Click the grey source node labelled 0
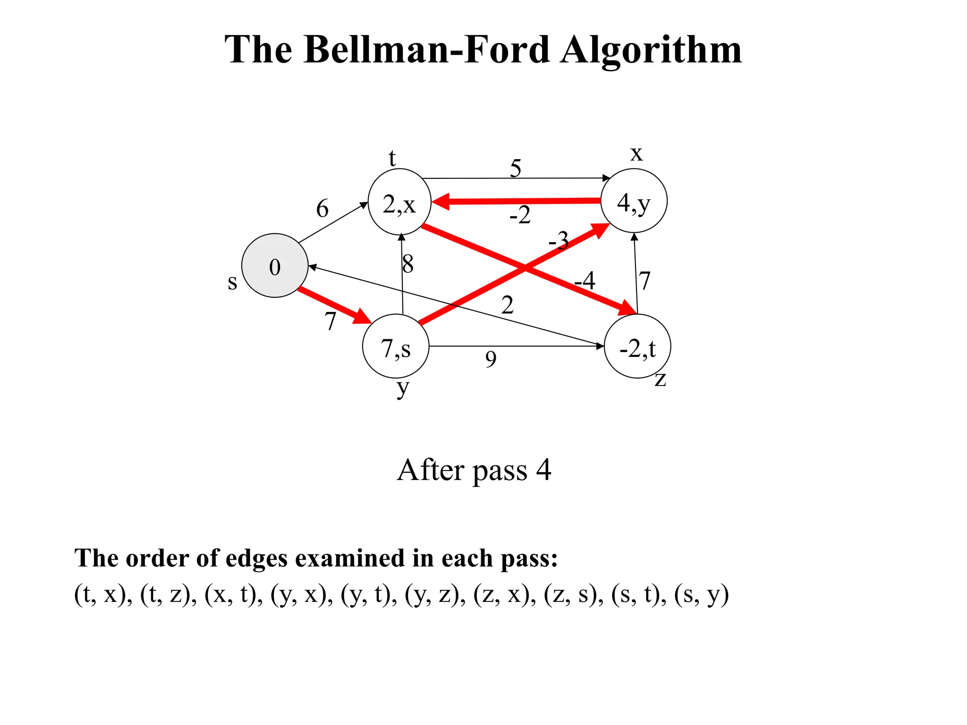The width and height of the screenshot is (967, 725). (275, 266)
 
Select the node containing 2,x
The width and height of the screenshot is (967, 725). (399, 202)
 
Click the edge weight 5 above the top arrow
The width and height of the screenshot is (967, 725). (516, 168)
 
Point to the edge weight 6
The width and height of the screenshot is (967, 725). (322, 208)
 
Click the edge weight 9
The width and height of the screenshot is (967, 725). (491, 360)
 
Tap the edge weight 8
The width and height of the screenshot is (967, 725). (408, 264)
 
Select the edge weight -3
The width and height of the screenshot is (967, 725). (559, 241)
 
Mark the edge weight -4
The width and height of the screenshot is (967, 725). (585, 281)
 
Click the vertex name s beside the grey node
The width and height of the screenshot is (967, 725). (232, 282)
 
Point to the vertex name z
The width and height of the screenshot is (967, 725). (660, 379)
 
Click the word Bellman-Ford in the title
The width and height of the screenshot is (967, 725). (427, 50)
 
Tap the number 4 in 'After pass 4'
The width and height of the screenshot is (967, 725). (544, 470)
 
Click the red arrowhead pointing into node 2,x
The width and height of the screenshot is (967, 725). (440, 202)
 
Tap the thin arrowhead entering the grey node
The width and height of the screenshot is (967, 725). (313, 267)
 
